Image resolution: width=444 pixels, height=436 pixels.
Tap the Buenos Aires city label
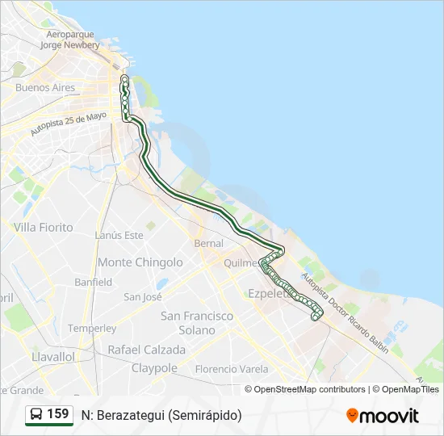coord(45,88)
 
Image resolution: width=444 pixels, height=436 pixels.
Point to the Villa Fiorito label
coord(44,228)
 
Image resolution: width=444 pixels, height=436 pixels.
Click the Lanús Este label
coord(119,235)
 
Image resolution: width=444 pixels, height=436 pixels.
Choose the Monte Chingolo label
coord(140,262)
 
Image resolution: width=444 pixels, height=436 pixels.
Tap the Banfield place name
coord(94,283)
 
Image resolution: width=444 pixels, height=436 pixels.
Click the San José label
coord(143,296)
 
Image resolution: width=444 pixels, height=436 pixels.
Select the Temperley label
coord(92,329)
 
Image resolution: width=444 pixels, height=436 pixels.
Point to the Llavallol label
coord(52,356)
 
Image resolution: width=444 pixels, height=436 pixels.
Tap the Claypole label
coord(153,368)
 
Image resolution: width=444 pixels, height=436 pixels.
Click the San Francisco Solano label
coord(197,323)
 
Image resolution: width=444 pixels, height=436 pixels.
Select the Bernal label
coord(209,243)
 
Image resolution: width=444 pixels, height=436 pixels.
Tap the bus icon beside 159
coord(36,415)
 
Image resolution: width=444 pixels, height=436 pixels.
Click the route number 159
coord(58,414)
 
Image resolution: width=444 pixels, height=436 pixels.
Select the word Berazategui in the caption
coord(130,415)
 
